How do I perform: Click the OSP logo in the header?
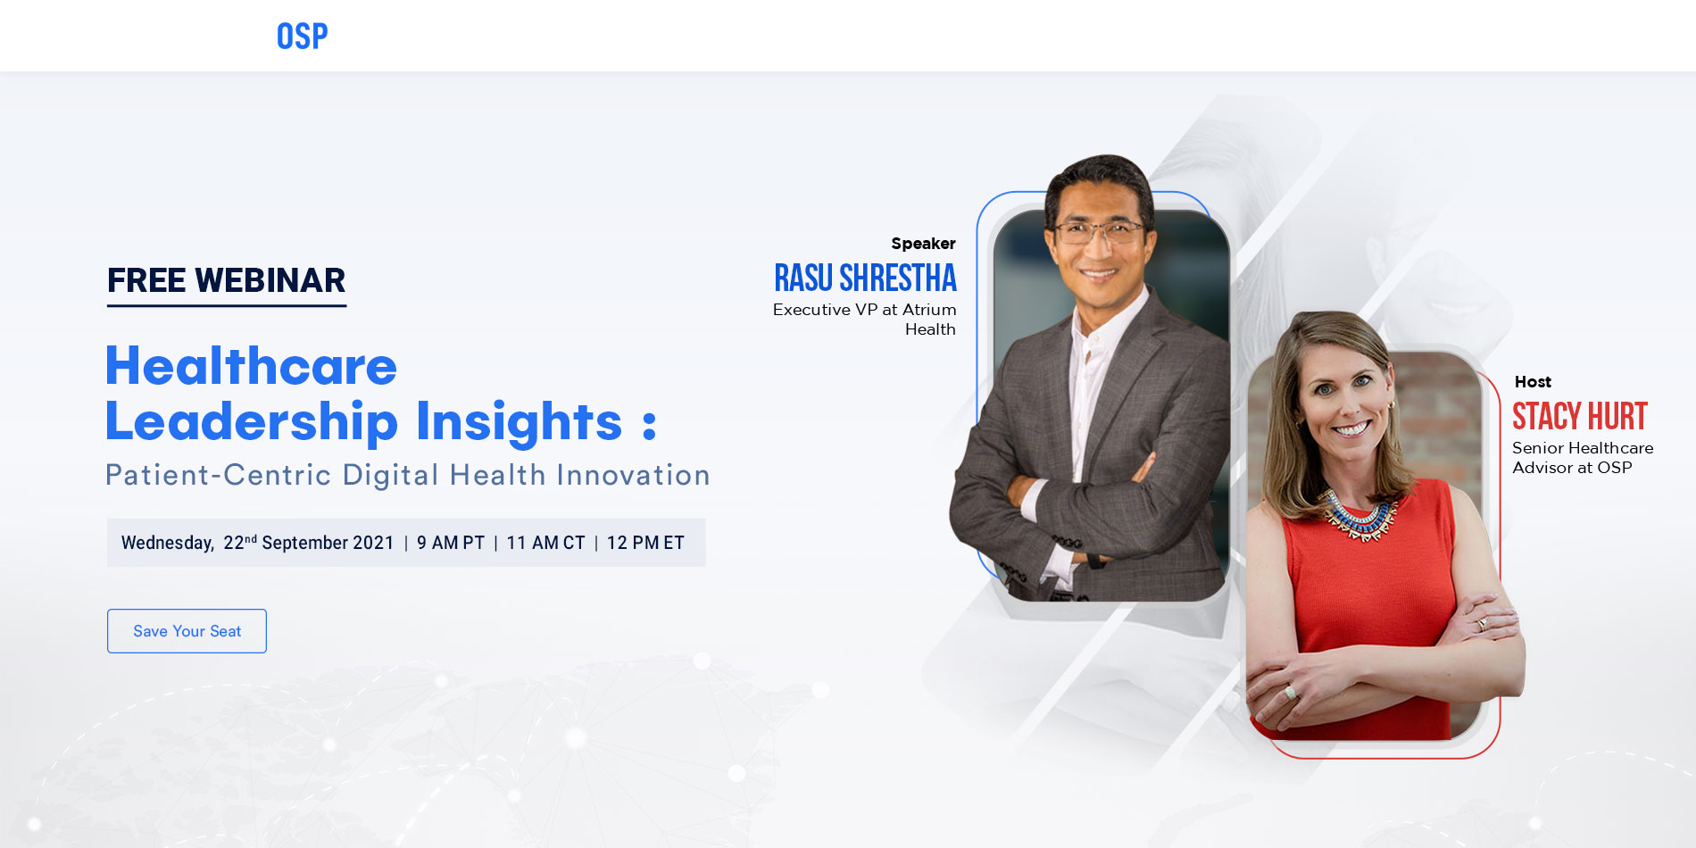[302, 37]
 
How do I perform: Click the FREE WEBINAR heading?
[226, 280]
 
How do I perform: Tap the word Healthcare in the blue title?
[251, 366]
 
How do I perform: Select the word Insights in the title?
[519, 421]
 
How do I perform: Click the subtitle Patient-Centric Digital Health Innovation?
[407, 475]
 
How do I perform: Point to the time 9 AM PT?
[451, 543]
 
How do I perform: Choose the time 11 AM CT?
[545, 543]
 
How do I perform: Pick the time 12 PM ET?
[645, 543]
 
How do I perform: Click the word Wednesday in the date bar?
[167, 543]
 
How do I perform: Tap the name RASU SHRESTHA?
[865, 279]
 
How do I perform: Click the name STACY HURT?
[1579, 417]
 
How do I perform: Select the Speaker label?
[923, 244]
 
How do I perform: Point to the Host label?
[1533, 382]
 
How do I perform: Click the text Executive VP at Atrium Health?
[864, 319]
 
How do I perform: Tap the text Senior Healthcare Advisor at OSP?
[1582, 457]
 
